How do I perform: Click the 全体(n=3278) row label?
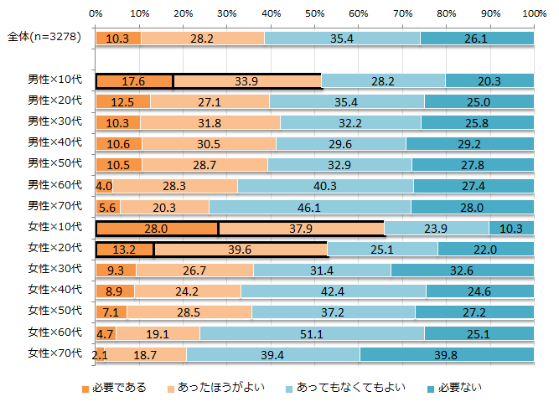click(x=46, y=38)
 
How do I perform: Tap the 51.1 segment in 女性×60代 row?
click(x=312, y=332)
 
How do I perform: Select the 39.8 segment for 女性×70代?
click(x=447, y=354)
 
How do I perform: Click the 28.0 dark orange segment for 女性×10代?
click(x=157, y=228)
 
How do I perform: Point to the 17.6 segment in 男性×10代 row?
click(x=134, y=80)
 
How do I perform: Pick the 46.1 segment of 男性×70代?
click(x=310, y=206)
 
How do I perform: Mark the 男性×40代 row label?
click(x=55, y=142)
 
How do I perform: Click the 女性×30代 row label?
click(x=55, y=269)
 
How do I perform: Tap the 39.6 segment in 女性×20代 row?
click(x=241, y=249)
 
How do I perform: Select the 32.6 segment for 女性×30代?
click(x=463, y=270)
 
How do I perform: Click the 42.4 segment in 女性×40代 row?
click(x=334, y=291)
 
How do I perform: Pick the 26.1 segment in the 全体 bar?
click(x=477, y=38)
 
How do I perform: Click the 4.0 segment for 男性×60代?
click(x=104, y=185)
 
